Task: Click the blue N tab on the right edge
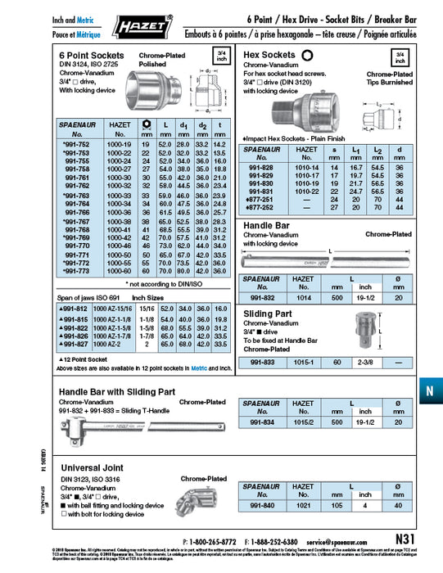coord(429,390)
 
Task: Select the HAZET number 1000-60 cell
coord(119,270)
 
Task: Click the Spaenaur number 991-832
coord(261,300)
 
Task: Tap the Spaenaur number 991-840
coord(261,506)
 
